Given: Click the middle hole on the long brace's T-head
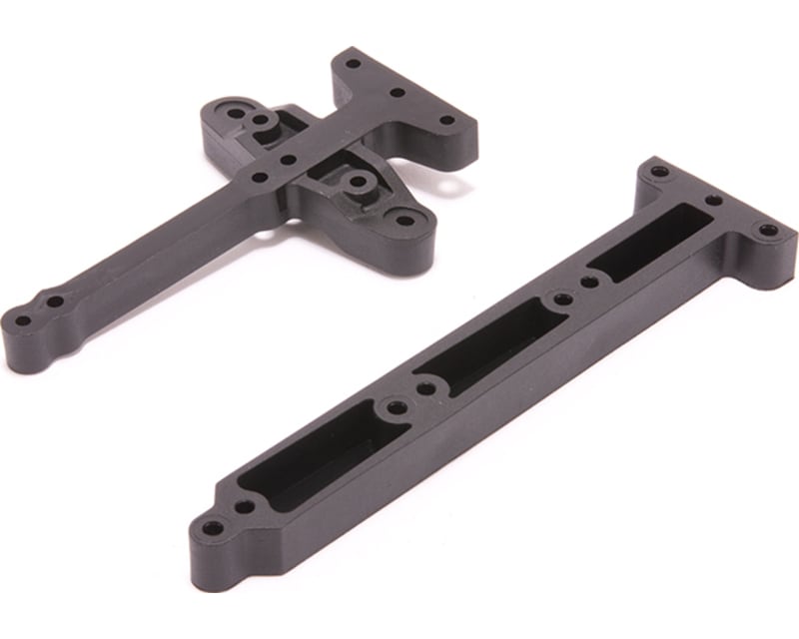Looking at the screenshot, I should point(713,200).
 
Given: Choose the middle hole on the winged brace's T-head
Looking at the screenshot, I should point(398,93).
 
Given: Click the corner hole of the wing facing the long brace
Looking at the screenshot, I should point(404,219).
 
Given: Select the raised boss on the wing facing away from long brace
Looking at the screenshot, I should point(262,121).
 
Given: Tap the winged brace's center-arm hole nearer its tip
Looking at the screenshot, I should point(260,178).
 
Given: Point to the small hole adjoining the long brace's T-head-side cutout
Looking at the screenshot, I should point(590,283).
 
